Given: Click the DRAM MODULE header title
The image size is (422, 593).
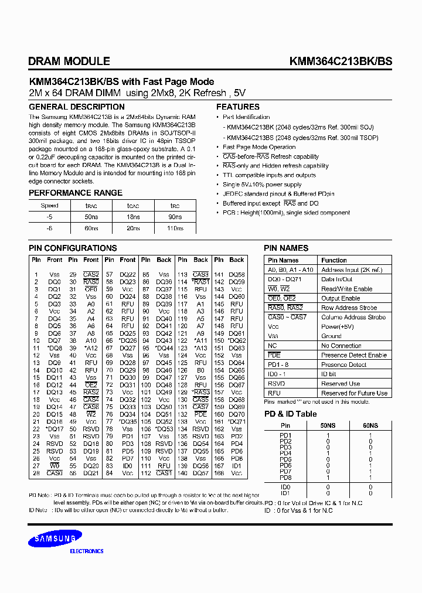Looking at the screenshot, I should click(69, 61).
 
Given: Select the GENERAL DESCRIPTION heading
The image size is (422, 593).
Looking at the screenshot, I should click(77, 107).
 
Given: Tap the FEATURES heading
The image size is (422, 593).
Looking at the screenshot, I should click(238, 107).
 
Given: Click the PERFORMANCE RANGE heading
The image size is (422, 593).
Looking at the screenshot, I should click(76, 193).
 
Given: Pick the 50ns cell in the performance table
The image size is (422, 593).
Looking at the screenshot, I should click(91, 217).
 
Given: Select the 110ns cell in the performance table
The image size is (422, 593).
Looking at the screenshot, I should click(175, 229).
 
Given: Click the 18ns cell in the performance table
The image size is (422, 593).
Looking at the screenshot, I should click(133, 217).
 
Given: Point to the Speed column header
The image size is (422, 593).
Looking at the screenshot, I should click(49, 206).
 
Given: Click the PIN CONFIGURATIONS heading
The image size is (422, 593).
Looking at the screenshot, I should click(73, 248).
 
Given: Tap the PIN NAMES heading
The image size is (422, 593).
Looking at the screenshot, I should click(287, 248).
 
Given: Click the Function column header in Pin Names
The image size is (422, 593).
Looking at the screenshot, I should click(334, 260).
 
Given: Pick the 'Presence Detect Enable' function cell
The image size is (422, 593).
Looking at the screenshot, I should click(354, 355).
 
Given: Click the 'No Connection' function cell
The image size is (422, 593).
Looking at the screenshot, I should click(341, 346).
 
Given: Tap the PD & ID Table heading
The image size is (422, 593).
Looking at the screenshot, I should click(290, 414).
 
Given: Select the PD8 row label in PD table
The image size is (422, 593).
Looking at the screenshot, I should click(285, 478).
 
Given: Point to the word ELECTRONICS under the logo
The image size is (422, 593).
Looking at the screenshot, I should click(87, 551).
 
